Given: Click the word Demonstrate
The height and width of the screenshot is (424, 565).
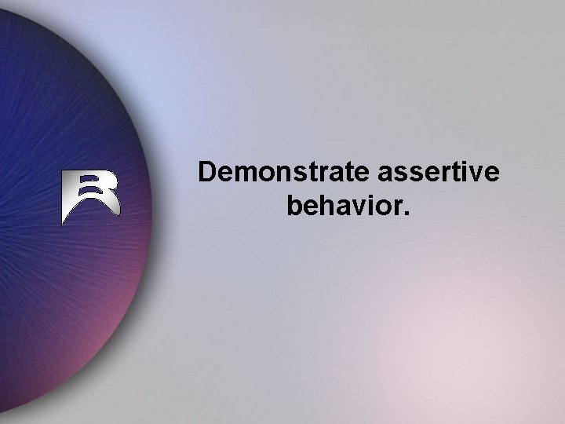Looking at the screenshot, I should [x=281, y=172].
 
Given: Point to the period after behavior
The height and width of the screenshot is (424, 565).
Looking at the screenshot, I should [x=405, y=214].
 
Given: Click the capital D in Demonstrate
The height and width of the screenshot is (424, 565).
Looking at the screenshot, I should [x=208, y=172].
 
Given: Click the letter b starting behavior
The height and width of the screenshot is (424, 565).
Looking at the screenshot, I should [x=295, y=207].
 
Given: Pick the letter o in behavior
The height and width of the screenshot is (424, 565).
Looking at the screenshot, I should [x=381, y=209].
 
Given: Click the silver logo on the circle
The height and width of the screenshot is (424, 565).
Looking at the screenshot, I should [x=90, y=196].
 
